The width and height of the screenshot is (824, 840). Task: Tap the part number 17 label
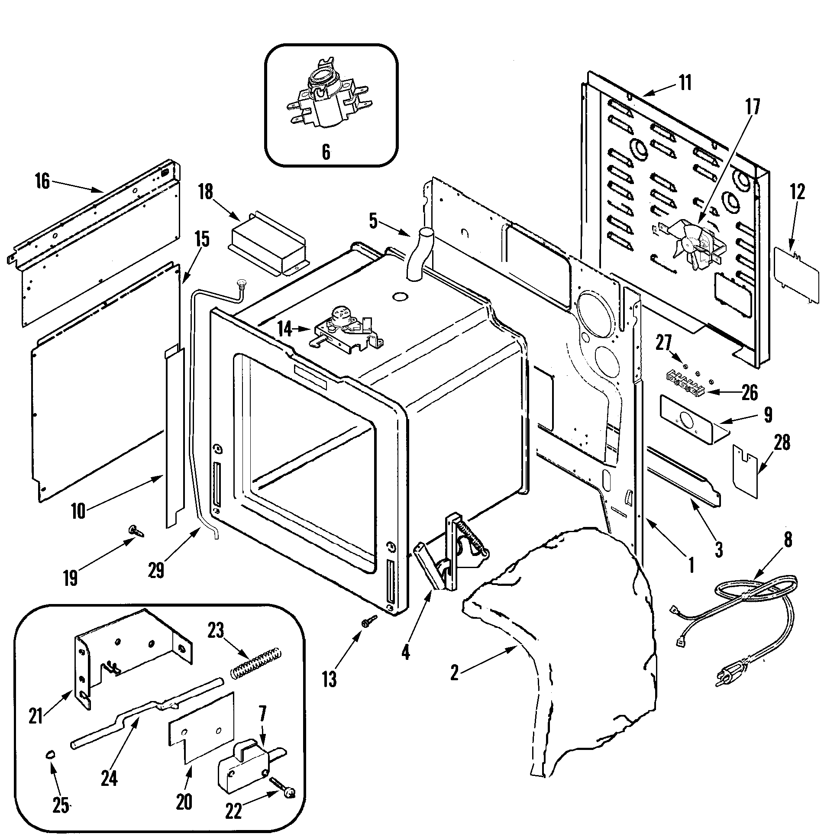(x=753, y=107)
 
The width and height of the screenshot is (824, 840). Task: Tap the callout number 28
(x=782, y=443)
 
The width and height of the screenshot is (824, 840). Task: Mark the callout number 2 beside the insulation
(x=454, y=673)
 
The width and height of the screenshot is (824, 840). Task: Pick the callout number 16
(x=42, y=181)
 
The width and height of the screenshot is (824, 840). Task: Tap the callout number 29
(x=156, y=570)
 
